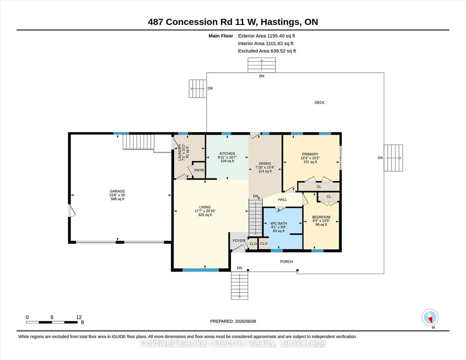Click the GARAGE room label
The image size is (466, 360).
117,191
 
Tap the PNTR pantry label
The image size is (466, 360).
199,170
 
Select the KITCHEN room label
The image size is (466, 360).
227,154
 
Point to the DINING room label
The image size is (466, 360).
265,163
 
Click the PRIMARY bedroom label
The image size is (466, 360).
310,154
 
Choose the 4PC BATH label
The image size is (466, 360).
279,223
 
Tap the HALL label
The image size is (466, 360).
282,200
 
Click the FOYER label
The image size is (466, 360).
239,240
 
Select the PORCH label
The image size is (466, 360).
286,262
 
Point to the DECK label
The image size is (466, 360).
320,102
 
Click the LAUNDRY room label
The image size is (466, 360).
180,152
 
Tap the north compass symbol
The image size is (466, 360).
430,318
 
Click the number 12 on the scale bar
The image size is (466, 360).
79,317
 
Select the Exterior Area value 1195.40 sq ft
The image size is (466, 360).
281,36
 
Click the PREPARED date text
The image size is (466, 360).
233,321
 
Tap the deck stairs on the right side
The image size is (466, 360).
393,158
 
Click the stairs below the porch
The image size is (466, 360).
240,286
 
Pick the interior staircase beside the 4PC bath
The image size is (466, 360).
256,218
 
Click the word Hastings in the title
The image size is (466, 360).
280,22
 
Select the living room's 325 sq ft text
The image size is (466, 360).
205,215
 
